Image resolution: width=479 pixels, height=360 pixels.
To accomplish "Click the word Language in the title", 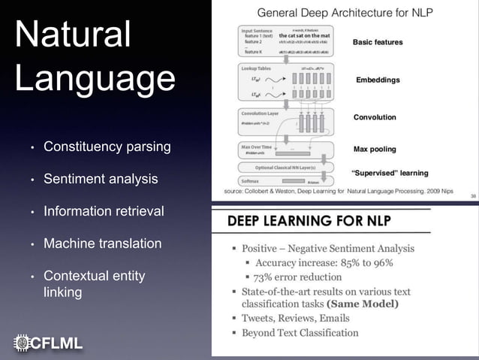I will pyautogui.click(x=95, y=80).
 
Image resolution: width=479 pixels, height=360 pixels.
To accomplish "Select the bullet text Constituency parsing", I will pyautogui.click(x=107, y=147).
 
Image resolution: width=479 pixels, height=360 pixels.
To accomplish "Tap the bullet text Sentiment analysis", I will pyautogui.click(x=101, y=179).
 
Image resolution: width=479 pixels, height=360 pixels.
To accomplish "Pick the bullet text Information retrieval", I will pyautogui.click(x=104, y=211).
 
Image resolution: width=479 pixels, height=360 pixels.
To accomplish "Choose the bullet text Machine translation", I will pyautogui.click(x=102, y=244).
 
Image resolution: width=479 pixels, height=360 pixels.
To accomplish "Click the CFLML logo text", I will pyautogui.click(x=56, y=343).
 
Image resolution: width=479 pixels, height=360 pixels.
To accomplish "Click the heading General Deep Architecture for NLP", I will pyautogui.click(x=345, y=12).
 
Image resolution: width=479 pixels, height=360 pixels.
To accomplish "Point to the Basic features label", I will pyautogui.click(x=378, y=42).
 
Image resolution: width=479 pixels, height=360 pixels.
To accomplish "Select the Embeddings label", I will pyautogui.click(x=378, y=80).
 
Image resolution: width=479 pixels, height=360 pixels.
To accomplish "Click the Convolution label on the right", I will pyautogui.click(x=375, y=117).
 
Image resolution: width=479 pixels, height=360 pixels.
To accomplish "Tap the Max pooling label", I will pyautogui.click(x=375, y=149).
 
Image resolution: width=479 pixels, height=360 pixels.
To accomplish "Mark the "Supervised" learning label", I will pyautogui.click(x=390, y=173).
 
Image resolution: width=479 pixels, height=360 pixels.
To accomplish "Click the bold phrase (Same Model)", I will pyautogui.click(x=363, y=304).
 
